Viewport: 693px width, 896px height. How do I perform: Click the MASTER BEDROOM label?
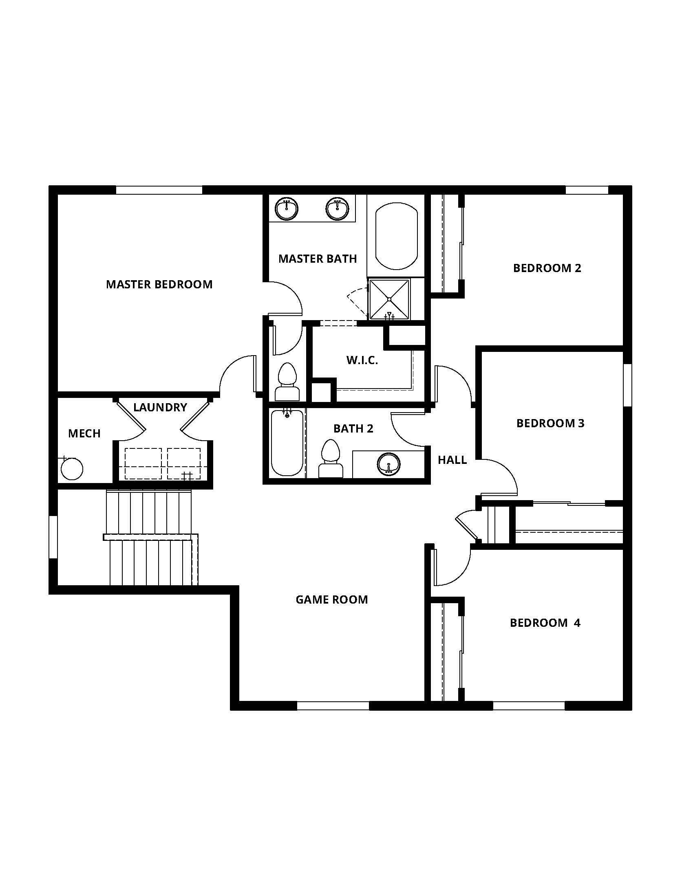[159, 284]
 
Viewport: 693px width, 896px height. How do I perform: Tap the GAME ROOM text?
[332, 600]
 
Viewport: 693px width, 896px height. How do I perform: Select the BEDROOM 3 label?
[550, 423]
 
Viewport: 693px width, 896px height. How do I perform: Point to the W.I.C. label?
[362, 360]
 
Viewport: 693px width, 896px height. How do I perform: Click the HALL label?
[452, 460]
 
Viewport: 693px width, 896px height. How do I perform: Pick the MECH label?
[84, 433]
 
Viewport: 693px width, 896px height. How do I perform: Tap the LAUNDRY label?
[160, 407]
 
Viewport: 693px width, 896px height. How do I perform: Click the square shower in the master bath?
[389, 299]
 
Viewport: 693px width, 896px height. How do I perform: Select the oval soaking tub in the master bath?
[396, 236]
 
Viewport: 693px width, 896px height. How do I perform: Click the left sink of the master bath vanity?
[287, 209]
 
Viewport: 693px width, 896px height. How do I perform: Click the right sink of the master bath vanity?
[338, 209]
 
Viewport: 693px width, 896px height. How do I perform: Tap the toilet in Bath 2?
[330, 459]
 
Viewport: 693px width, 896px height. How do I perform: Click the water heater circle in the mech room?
[72, 469]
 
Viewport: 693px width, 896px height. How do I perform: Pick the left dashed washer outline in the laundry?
[143, 463]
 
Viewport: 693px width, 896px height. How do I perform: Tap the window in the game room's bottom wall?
[333, 706]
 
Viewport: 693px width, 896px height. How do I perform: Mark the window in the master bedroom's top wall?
[159, 190]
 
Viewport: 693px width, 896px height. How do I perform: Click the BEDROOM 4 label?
[545, 623]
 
